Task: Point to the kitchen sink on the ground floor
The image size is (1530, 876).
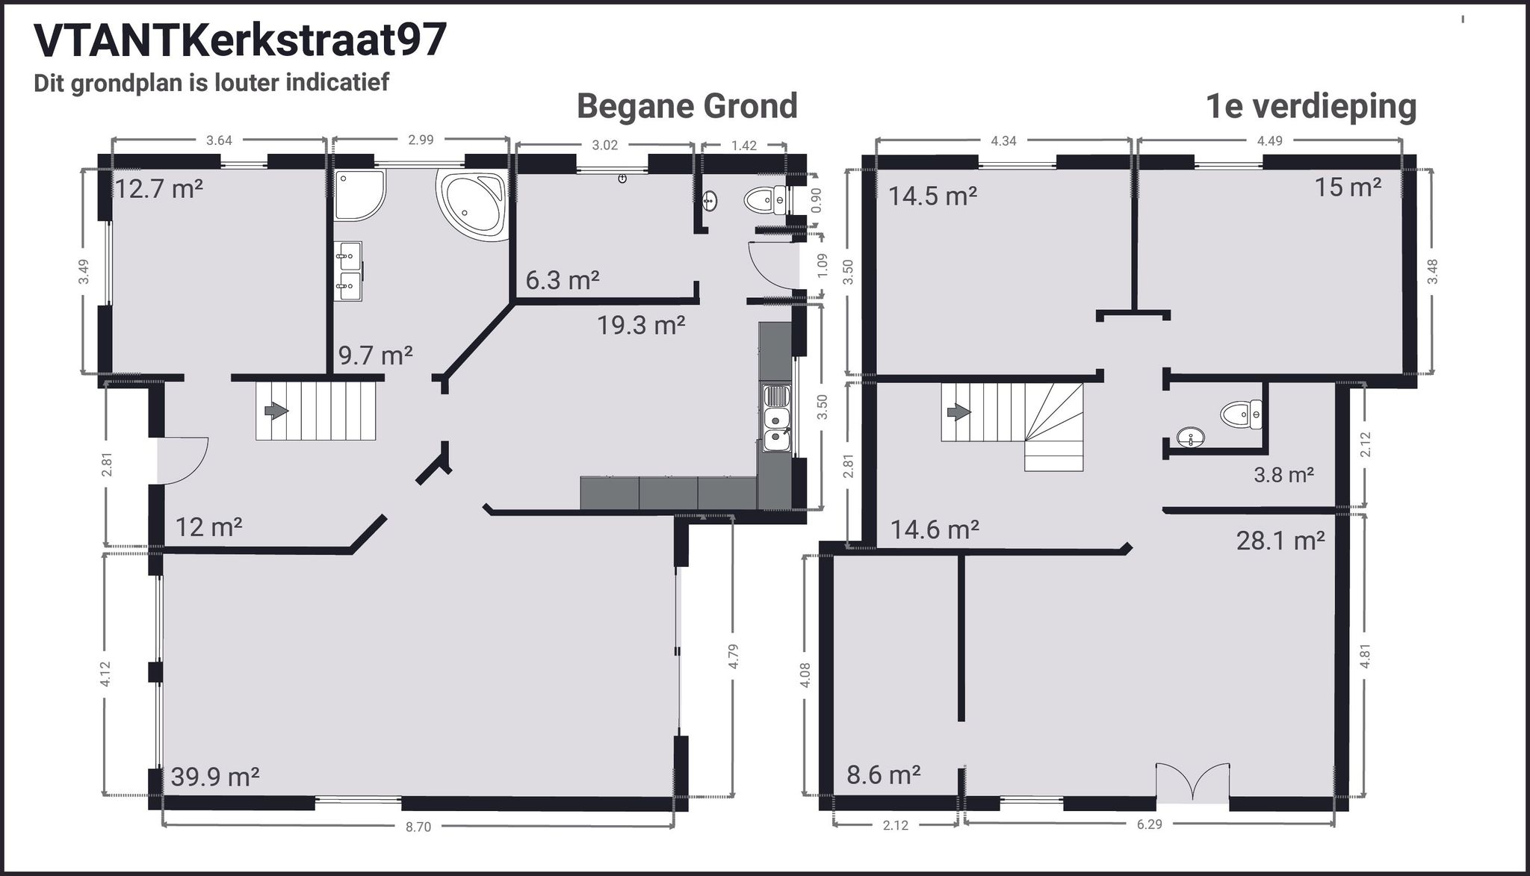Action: click(776, 418)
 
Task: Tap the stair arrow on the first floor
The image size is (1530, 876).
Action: click(958, 412)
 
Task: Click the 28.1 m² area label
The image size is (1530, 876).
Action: click(1280, 540)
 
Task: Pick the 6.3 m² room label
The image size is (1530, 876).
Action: click(562, 281)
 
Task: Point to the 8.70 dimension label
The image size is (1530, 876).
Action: click(418, 827)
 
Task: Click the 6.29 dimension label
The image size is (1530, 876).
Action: click(1149, 824)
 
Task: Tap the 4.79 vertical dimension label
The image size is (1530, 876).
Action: click(733, 656)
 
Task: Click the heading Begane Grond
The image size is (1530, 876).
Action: click(687, 106)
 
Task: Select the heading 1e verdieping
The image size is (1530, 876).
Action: click(1310, 106)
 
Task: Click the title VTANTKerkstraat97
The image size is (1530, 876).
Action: click(241, 40)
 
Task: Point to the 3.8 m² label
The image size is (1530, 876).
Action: click(1283, 474)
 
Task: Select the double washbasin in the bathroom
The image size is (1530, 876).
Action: click(348, 270)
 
